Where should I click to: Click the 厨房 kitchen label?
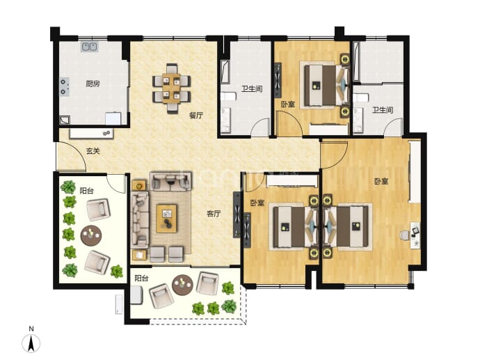[93, 84]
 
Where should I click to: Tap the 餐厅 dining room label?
[196, 116]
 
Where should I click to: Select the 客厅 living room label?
[214, 214]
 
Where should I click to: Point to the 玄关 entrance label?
[93, 151]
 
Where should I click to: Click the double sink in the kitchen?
[89, 47]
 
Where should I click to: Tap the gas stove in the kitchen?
[64, 87]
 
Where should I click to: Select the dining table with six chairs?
[171, 88]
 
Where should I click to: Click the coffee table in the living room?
[166, 219]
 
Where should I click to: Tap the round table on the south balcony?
[182, 285]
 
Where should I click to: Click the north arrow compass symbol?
[31, 343]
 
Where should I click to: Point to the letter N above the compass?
[31, 329]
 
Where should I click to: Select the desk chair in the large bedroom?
[405, 235]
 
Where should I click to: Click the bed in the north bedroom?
[326, 86]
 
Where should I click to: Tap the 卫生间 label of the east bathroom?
[383, 109]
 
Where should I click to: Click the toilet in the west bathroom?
[228, 97]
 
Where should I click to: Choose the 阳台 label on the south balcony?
[141, 279]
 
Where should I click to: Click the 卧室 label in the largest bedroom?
[381, 181]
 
